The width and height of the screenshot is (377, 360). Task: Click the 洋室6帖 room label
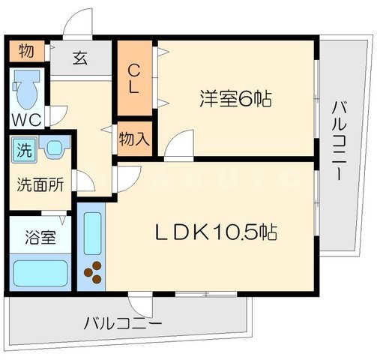pyautogui.click(x=235, y=98)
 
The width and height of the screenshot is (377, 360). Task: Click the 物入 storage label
pyautogui.click(x=133, y=139)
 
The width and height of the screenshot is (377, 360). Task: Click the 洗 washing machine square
pyautogui.click(x=25, y=148)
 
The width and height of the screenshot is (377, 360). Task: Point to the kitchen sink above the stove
pyautogui.click(x=93, y=233)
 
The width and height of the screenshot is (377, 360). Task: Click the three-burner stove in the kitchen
pyautogui.click(x=93, y=274)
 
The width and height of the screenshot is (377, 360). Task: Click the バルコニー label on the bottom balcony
pyautogui.click(x=121, y=324)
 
